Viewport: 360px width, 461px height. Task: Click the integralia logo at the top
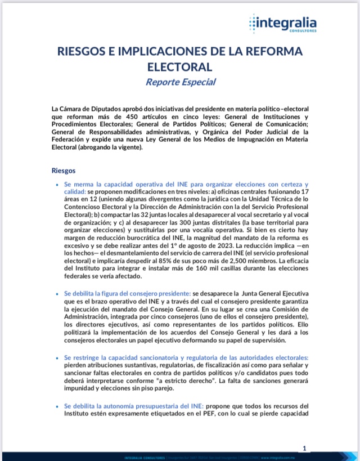[x=282, y=24]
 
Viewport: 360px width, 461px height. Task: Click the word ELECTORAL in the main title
[x=180, y=66]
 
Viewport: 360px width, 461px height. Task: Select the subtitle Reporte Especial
[x=180, y=82]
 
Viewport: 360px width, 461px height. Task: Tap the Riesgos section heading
[x=64, y=169]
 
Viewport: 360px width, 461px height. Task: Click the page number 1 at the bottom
[x=304, y=449]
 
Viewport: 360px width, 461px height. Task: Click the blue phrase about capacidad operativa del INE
[x=186, y=185]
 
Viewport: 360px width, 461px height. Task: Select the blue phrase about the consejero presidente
[x=128, y=294]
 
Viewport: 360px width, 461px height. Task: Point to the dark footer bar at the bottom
[x=180, y=456]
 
